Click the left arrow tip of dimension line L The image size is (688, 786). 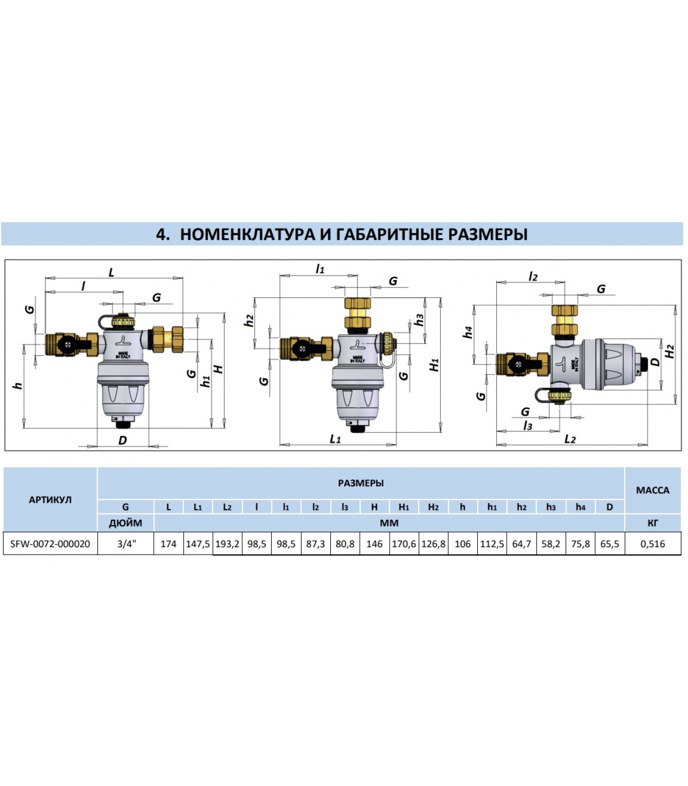(x=46, y=278)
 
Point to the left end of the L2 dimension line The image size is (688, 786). (x=497, y=445)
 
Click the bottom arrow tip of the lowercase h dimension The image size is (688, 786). (x=24, y=428)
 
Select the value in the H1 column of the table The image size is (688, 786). (x=403, y=544)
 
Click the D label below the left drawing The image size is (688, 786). (x=123, y=440)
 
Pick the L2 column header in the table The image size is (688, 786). (x=227, y=507)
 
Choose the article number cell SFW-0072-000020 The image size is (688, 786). (x=50, y=544)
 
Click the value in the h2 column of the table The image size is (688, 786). (x=521, y=544)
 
